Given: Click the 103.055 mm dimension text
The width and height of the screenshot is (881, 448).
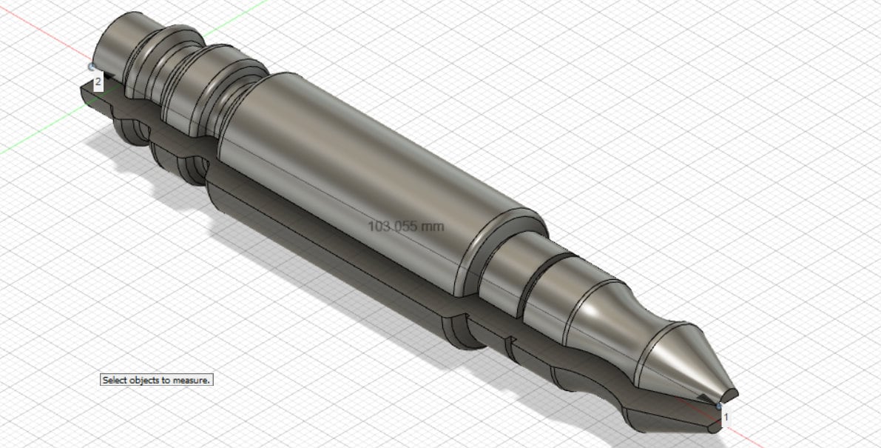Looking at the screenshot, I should point(406,226).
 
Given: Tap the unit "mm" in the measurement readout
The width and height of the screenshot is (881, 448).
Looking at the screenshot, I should point(432,226).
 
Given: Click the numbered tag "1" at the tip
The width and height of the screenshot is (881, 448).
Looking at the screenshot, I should point(726,417).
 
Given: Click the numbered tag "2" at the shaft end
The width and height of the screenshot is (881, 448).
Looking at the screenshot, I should point(98,81).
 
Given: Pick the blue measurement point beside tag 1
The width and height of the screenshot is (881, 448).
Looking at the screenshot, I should point(720,406).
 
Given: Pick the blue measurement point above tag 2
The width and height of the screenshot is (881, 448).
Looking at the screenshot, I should point(92,66).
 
